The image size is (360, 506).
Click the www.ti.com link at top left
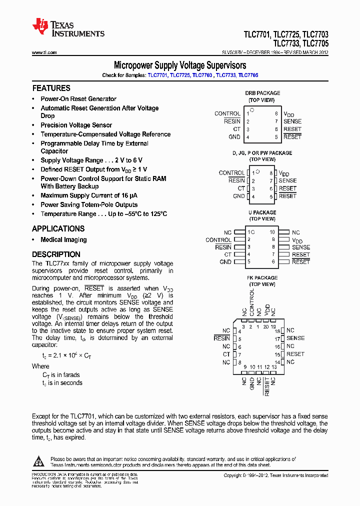tap(44, 52)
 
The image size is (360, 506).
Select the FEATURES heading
tap(51, 88)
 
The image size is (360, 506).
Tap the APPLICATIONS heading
tap(58, 228)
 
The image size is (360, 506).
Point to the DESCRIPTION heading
tap(56, 254)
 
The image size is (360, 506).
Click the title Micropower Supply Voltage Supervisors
tap(180, 65)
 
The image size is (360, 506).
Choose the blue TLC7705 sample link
tap(248, 75)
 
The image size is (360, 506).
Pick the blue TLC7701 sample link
tap(157, 75)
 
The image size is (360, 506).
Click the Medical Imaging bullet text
tap(63, 239)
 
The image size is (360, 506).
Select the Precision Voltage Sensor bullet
tap(76, 125)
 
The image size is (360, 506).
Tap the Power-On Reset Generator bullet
tap(78, 99)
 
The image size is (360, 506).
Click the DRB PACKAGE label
tap(262, 93)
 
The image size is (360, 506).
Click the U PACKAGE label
tap(262, 212)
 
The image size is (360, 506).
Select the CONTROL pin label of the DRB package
tap(227, 113)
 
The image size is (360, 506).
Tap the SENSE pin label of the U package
tap(301, 247)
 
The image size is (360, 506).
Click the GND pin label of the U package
tap(225, 261)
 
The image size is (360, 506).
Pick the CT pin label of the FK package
tap(226, 354)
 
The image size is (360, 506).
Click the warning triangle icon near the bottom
tap(39, 460)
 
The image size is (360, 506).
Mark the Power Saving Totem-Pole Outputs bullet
tap(89, 204)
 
